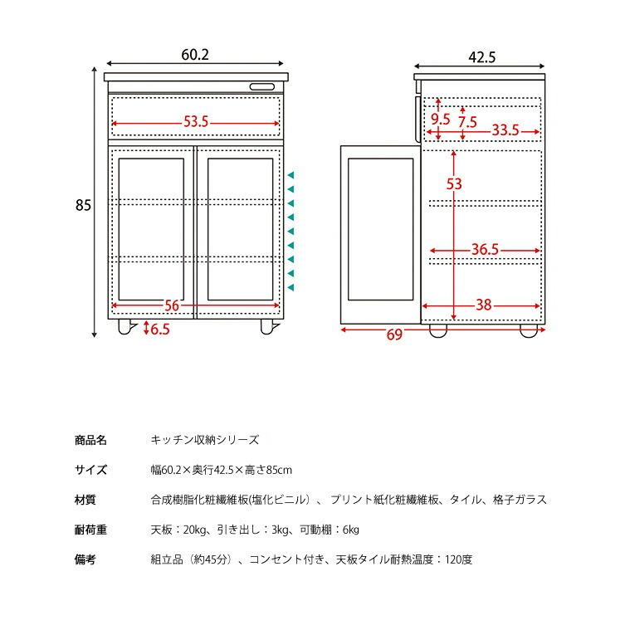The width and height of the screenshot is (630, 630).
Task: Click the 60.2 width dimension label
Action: pyautogui.click(x=195, y=55)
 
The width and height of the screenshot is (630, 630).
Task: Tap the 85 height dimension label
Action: pyautogui.click(x=83, y=205)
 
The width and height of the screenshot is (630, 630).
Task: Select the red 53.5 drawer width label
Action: pyautogui.click(x=196, y=121)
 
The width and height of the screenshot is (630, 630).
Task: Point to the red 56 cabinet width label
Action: pyautogui.click(x=172, y=305)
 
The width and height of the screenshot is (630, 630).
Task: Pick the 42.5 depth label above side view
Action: pyautogui.click(x=481, y=57)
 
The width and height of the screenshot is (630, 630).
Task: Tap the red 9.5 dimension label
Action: pyautogui.click(x=441, y=119)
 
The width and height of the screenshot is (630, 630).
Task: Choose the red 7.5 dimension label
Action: pyautogui.click(x=467, y=122)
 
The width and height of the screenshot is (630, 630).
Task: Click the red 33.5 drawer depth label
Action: pyautogui.click(x=505, y=130)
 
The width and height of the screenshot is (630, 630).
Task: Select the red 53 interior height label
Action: pyautogui.click(x=454, y=184)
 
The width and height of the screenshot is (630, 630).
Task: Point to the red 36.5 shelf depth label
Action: pyautogui.click(x=485, y=250)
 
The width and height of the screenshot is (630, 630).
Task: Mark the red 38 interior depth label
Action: pyautogui.click(x=484, y=305)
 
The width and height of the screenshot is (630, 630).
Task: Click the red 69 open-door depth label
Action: pyautogui.click(x=394, y=335)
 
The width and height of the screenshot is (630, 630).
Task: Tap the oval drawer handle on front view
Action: pyautogui.click(x=262, y=87)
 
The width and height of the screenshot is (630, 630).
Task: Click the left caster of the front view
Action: pyautogui.click(x=125, y=327)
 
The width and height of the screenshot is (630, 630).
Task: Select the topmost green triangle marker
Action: pyautogui.click(x=291, y=175)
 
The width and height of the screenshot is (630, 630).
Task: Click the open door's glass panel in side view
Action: pyautogui.click(x=380, y=229)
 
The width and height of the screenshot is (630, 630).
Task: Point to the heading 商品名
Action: pyautogui.click(x=90, y=441)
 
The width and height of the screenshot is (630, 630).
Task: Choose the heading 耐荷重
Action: pyautogui.click(x=90, y=530)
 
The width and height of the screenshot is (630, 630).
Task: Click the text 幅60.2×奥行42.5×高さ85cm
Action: pyautogui.click(x=222, y=470)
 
